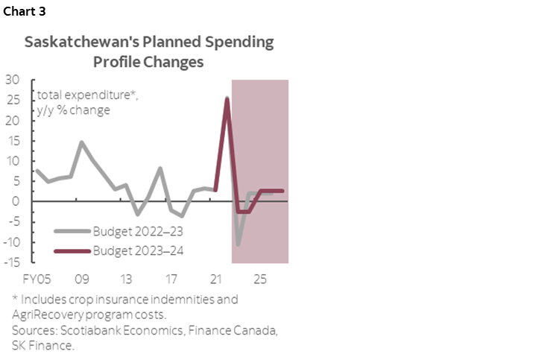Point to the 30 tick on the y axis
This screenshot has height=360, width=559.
[x=13, y=80]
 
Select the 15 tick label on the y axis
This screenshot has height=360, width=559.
[x=13, y=141]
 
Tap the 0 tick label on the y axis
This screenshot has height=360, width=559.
[x=16, y=201]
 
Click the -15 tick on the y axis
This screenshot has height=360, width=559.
[x=12, y=262]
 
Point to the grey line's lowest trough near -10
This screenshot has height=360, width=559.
[x=239, y=244]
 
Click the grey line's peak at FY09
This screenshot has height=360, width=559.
[x=82, y=142]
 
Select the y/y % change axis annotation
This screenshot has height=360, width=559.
[x=74, y=110]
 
